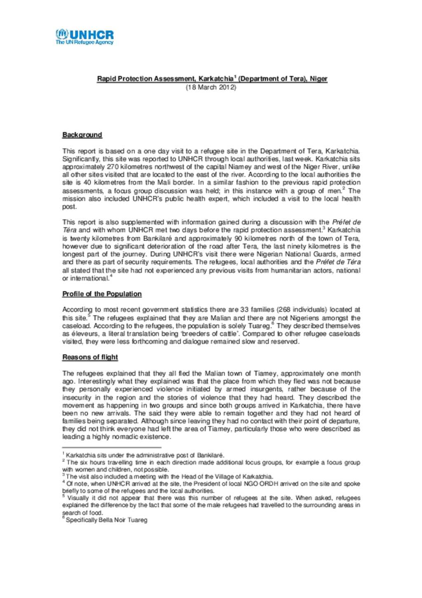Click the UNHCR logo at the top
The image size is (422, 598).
tap(84, 34)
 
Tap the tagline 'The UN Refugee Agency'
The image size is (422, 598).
tap(84, 42)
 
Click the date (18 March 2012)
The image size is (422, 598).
tap(211, 87)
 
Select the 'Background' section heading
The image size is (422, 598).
tap(82, 135)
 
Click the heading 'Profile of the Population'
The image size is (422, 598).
tap(102, 294)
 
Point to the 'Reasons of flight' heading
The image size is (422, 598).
tap(90, 357)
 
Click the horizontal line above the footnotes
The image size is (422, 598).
tap(111, 447)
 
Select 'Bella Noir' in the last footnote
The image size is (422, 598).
tap(112, 520)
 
